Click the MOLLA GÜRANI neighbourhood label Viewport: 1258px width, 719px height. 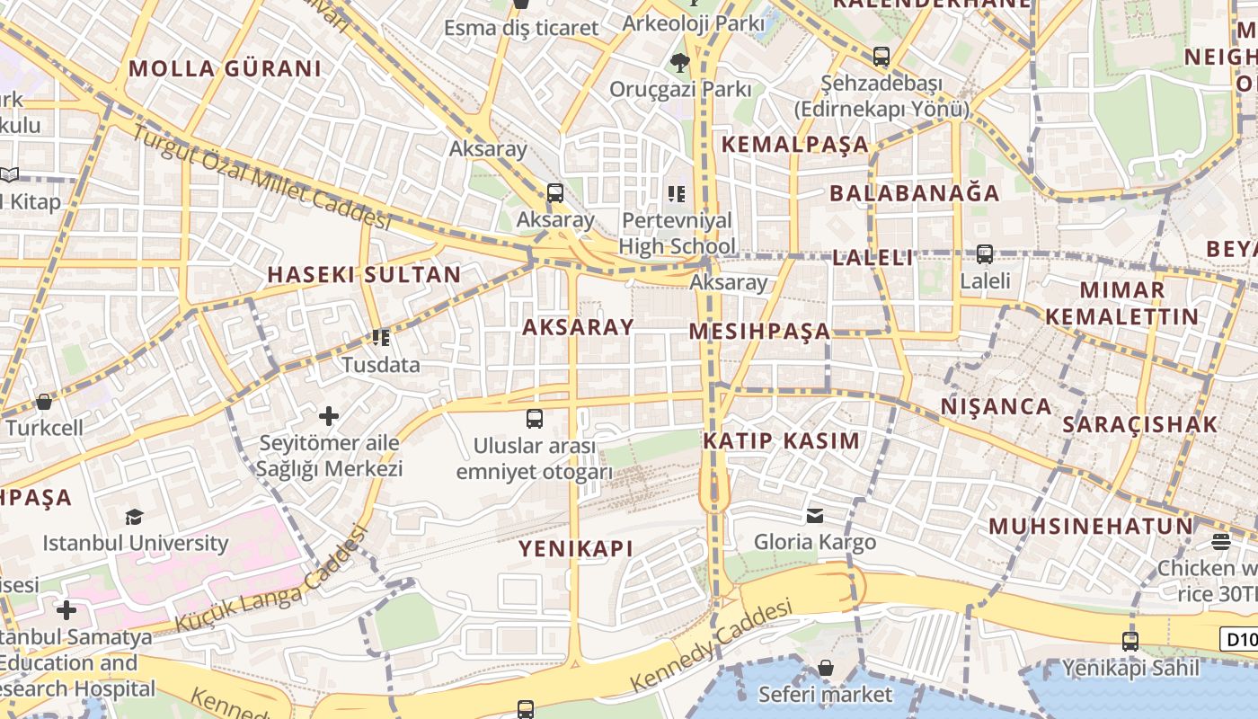click(225, 68)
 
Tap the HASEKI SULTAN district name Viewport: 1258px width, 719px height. click(364, 275)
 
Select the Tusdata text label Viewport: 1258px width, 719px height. click(381, 365)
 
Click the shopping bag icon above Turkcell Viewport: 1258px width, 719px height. click(43, 402)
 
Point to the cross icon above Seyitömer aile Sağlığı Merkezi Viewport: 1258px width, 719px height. click(329, 416)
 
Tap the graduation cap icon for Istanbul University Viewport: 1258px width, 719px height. click(134, 517)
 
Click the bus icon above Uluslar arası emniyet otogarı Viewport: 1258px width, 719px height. click(535, 419)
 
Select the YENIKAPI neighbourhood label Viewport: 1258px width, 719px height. click(576, 548)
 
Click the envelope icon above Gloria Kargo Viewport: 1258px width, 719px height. click(815, 516)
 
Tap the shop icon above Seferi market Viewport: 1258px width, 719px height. click(825, 668)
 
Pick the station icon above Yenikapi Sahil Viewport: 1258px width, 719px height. click(1130, 642)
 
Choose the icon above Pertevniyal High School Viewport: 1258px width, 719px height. click(677, 194)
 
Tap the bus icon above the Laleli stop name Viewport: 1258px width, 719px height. click(985, 254)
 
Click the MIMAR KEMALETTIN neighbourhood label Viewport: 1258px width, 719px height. click(1122, 303)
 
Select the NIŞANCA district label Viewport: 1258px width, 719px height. click(996, 406)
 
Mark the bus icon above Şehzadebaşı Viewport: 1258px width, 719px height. click(881, 56)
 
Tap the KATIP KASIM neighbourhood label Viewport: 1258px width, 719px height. click(782, 441)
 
